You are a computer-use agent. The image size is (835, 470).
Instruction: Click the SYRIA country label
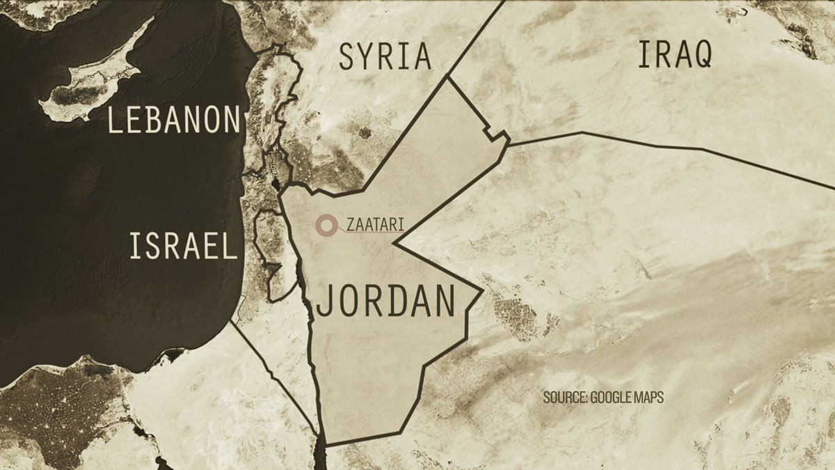(385, 56)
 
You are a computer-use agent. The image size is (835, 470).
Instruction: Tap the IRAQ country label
(675, 54)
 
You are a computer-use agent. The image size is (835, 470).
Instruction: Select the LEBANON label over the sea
(174, 120)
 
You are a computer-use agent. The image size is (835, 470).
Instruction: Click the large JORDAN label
(386, 301)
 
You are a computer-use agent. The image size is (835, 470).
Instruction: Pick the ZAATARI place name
(375, 225)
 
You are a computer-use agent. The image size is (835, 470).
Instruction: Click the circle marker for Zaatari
(324, 225)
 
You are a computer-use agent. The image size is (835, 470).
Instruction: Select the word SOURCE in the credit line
(564, 398)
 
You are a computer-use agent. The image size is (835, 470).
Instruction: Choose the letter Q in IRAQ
(699, 54)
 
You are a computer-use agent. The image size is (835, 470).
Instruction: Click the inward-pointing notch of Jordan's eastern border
(395, 244)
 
